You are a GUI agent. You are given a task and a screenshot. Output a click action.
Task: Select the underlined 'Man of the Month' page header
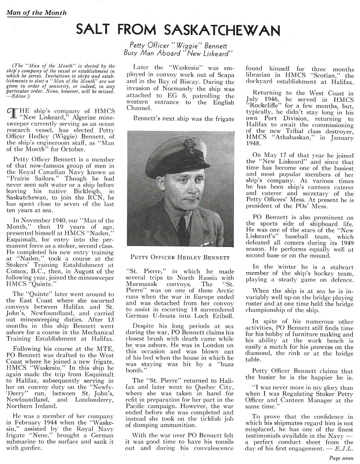click(x=36, y=13)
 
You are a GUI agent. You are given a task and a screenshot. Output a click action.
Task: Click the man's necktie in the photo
click(x=182, y=229)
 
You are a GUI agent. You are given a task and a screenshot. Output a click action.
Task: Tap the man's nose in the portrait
click(x=193, y=185)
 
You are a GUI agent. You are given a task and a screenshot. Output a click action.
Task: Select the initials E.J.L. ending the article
click(x=342, y=449)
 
